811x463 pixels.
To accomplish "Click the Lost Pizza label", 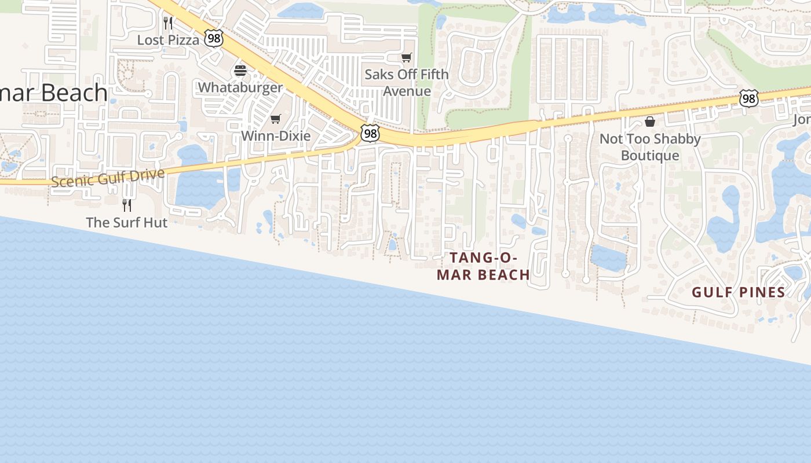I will [x=168, y=40].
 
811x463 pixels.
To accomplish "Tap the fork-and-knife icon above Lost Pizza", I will [x=168, y=23].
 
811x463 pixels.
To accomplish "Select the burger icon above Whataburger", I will [x=240, y=71].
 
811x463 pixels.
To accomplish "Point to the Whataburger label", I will [x=240, y=87].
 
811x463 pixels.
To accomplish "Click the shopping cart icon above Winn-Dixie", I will [x=276, y=119].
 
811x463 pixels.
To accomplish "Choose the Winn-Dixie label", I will [x=276, y=136].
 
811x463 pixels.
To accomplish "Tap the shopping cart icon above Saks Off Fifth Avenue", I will [x=407, y=57].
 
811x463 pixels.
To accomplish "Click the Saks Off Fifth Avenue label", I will [x=407, y=83].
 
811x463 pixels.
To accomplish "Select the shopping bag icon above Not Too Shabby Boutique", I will [x=650, y=122].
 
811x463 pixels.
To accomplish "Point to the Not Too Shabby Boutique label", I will [x=650, y=147].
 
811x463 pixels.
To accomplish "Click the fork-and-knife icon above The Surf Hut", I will [x=126, y=205].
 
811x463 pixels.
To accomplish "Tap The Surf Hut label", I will [x=126, y=222].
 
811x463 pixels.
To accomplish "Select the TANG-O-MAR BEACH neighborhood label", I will [x=483, y=266].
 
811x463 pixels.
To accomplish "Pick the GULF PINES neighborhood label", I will [x=738, y=292].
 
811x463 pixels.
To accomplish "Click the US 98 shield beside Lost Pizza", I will [x=214, y=39].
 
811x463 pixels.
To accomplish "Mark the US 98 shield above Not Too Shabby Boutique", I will [x=748, y=99].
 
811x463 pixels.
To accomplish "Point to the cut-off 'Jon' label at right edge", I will [x=802, y=120].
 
